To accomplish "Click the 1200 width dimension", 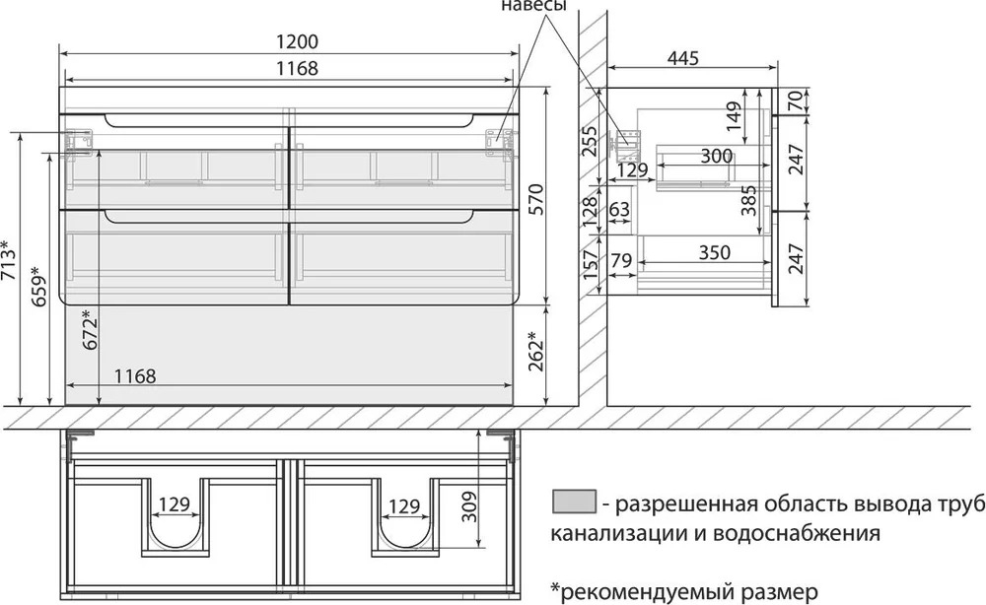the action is point(298,41).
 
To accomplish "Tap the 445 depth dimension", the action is point(683,58).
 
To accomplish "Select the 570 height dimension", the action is point(535,199).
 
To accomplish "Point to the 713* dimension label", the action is point(9,262).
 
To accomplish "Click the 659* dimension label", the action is point(38,285).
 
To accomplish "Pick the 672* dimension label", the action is point(90,329).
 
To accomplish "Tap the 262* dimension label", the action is point(535,350).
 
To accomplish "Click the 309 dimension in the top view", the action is point(469,507).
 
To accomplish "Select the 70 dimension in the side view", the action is point(796,101).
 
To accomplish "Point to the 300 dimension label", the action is point(716,156).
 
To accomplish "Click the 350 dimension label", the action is point(714,252).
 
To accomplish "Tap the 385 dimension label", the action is point(748,200).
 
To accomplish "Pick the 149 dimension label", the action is point(734,116).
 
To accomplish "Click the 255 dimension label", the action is point(589,141).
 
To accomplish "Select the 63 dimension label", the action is point(619,209).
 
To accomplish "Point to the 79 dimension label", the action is point(620,259).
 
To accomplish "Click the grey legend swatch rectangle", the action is point(574,502).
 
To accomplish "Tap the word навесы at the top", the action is point(533,6).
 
